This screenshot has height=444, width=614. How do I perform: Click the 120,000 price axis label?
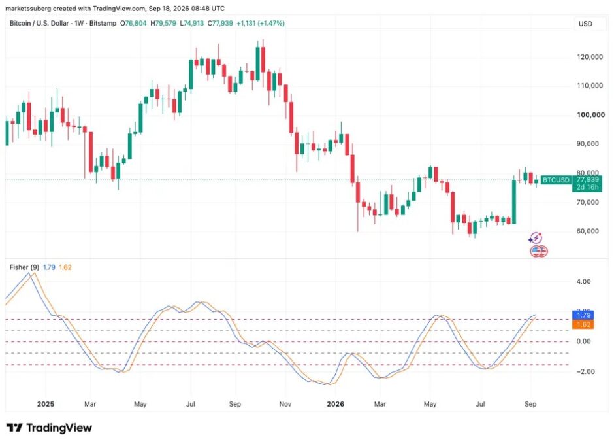point(590,57)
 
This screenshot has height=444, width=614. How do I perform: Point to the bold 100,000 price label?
point(590,115)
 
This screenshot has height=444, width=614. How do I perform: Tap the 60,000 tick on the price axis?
point(587,231)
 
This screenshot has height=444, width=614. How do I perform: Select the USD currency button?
point(585,24)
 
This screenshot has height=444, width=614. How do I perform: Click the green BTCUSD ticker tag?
point(556,180)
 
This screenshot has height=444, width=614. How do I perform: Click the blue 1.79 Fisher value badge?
point(583,315)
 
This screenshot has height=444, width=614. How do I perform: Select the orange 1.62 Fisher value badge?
point(583,324)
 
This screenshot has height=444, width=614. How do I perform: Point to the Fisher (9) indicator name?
point(24,267)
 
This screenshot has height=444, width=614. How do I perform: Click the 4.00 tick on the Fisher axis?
point(583,281)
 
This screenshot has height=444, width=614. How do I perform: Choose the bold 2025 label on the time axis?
point(46,404)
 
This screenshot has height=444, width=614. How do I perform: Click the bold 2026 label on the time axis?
point(335,404)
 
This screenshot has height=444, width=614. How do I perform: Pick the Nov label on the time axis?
point(285,404)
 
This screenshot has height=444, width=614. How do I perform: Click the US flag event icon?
point(538,251)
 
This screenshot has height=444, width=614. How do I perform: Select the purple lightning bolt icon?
point(535,238)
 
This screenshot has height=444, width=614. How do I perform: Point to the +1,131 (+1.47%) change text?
point(261,23)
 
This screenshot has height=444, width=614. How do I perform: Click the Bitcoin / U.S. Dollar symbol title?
point(39,23)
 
